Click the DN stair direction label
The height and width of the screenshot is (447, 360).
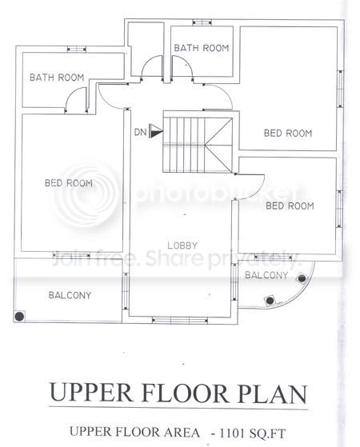click(x=140, y=132)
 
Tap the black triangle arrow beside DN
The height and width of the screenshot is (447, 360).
click(x=156, y=131)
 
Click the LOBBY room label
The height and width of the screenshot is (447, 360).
click(x=182, y=245)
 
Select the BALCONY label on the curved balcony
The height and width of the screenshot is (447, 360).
click(x=266, y=275)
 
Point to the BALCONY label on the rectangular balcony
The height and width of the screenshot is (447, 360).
click(x=70, y=295)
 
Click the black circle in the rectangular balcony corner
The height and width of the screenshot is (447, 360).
click(x=19, y=316)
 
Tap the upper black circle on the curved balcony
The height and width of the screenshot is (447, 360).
click(x=302, y=278)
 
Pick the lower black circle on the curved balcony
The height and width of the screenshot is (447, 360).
click(x=270, y=300)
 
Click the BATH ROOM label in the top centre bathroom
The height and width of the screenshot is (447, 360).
click(x=202, y=48)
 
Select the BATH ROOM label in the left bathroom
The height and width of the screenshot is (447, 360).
click(x=57, y=78)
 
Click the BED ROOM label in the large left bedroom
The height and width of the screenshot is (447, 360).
click(x=69, y=183)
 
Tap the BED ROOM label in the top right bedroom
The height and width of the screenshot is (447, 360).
click(x=288, y=133)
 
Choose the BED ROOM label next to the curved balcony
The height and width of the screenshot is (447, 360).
click(x=290, y=206)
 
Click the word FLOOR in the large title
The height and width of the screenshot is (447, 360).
click(x=184, y=393)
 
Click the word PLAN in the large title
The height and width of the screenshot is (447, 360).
click(x=273, y=393)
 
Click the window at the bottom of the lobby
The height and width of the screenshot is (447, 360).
click(x=180, y=321)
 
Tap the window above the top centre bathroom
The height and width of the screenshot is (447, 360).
click(x=202, y=22)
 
